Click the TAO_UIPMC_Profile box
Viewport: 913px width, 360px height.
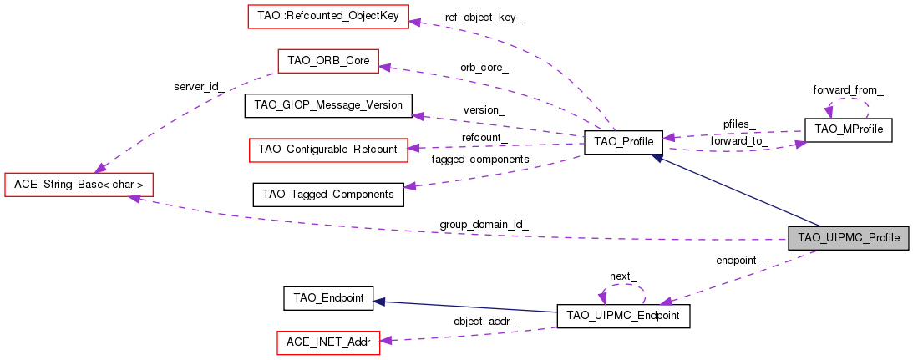(848, 238)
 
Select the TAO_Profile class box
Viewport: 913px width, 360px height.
(623, 142)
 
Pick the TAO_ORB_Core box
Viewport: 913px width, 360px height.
(327, 61)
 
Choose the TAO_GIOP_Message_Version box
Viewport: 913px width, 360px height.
(327, 105)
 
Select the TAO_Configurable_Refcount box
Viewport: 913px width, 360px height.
(327, 150)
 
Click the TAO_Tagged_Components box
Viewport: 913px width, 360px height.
(327, 194)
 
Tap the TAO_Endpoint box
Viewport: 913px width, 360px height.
(327, 297)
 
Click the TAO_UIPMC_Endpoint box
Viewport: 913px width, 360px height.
(623, 316)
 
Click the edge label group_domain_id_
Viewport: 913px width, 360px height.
(484, 225)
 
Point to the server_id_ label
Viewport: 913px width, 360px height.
(195, 86)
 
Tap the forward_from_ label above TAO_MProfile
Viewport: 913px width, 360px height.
(848, 89)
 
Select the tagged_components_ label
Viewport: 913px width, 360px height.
(484, 159)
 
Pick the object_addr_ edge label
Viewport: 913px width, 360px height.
(484, 321)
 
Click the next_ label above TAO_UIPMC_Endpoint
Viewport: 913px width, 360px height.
(623, 276)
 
